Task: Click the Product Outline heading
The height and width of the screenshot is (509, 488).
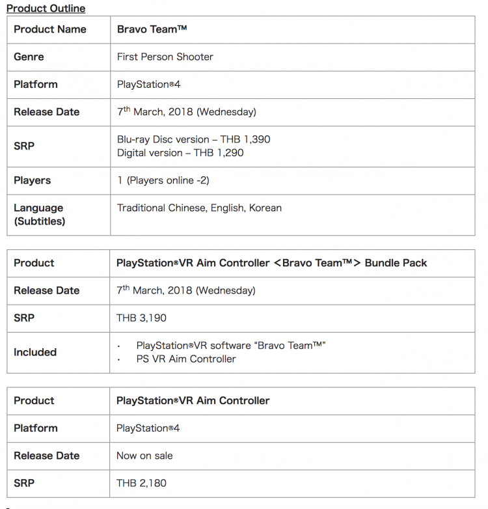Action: (x=46, y=8)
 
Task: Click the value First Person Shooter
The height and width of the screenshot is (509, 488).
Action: (x=165, y=57)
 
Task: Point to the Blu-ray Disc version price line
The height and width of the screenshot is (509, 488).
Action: (x=193, y=139)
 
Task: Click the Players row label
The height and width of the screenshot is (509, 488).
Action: (x=32, y=180)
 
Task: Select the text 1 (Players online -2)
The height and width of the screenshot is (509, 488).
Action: (x=163, y=180)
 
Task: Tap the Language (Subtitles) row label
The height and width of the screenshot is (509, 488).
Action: (x=39, y=214)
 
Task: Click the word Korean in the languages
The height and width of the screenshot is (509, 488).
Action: (x=265, y=208)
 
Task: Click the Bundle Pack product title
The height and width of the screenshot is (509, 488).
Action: (x=271, y=263)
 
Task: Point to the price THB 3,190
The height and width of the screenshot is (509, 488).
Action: (x=142, y=318)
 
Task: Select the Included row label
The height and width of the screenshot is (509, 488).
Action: (x=35, y=352)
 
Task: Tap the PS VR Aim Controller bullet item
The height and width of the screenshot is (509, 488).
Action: (x=186, y=359)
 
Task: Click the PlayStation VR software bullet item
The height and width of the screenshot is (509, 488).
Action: (x=230, y=345)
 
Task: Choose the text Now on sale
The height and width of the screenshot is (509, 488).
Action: (x=144, y=456)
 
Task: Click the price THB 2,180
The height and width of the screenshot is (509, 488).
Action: (x=142, y=483)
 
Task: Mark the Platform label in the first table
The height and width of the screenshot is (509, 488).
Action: (x=36, y=85)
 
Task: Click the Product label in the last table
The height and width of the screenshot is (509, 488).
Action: (x=34, y=400)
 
